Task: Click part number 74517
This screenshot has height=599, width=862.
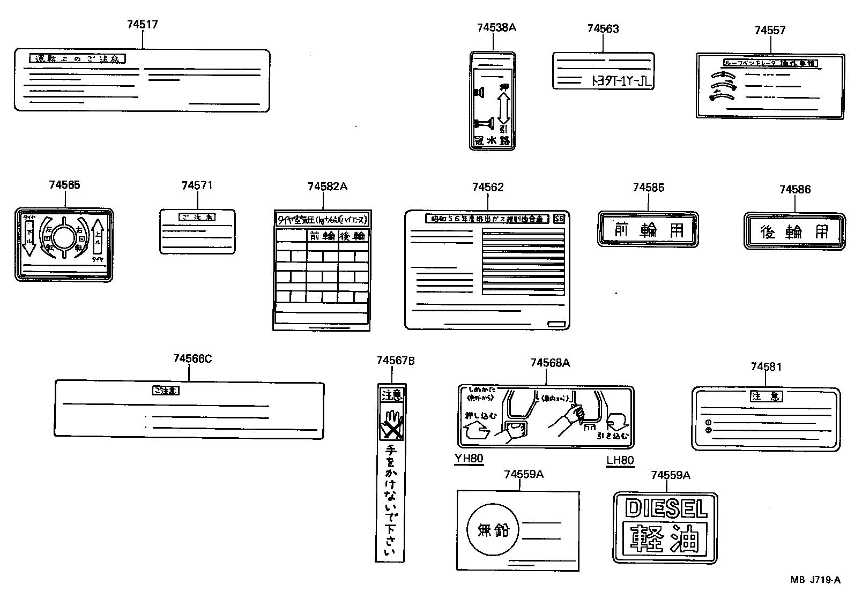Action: [x=143, y=25]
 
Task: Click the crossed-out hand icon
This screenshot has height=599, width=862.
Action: [x=392, y=425]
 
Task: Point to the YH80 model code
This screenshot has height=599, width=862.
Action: [x=469, y=459]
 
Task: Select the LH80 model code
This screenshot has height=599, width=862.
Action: [x=620, y=460]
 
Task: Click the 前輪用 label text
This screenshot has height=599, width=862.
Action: [x=648, y=230]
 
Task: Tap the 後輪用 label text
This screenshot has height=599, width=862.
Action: [x=794, y=231]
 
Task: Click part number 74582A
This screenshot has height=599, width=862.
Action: [x=327, y=186]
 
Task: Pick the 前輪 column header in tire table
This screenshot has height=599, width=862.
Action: [x=322, y=236]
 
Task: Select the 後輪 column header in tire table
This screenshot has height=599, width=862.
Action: [x=353, y=236]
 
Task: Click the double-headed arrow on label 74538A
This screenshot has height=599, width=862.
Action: [x=503, y=108]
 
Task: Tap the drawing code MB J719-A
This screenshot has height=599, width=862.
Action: [x=815, y=580]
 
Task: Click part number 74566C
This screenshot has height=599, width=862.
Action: [x=192, y=359]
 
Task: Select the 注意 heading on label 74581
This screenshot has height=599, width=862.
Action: [x=766, y=396]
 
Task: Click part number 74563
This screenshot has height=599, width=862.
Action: [x=603, y=29]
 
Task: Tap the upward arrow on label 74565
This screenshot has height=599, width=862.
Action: [x=98, y=236]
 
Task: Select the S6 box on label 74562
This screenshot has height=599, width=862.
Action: [x=559, y=219]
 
